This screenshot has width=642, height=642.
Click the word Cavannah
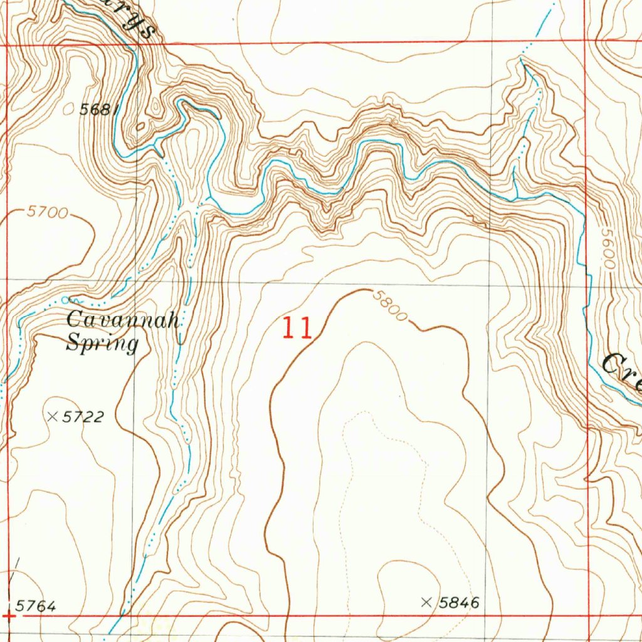coord(124,320)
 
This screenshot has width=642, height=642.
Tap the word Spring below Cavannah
coord(102,344)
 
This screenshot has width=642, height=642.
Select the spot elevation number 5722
coord(83,417)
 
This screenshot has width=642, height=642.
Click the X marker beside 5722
coord(53,416)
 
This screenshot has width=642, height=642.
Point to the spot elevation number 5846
coord(459,603)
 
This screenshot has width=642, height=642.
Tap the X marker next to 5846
coord(427,603)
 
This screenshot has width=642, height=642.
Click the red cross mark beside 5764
coord(9,616)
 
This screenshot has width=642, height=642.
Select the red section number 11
coord(296,328)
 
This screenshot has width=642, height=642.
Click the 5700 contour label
coord(47,213)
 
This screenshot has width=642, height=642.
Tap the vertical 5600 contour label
coord(607,248)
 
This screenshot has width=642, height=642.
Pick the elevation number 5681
coord(99,109)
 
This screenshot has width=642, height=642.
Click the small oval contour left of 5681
coord(68,109)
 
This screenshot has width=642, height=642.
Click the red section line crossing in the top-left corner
coord(7,46)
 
